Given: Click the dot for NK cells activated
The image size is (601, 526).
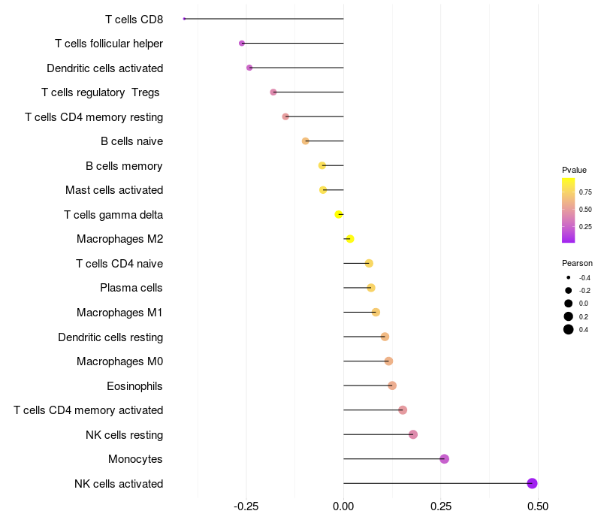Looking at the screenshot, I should [x=532, y=483].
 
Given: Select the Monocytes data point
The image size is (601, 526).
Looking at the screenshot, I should [x=444, y=459].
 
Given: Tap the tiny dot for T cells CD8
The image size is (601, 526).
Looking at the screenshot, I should [x=184, y=19].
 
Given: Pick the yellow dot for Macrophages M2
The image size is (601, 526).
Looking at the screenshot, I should [x=349, y=239].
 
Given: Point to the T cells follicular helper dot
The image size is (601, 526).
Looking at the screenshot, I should [x=242, y=44].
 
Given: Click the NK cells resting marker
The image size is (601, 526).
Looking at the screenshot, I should [x=412, y=434].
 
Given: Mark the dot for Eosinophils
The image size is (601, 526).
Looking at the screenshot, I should [x=392, y=385].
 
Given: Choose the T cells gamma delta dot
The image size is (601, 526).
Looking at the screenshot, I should [x=339, y=214].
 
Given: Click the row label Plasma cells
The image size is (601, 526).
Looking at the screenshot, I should [x=131, y=288].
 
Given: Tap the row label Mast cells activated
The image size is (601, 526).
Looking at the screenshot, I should [x=114, y=190].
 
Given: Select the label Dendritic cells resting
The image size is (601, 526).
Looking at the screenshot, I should [x=110, y=337].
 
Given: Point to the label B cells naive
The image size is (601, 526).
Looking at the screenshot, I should [x=131, y=141].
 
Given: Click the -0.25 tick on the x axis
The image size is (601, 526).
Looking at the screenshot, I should [x=246, y=507].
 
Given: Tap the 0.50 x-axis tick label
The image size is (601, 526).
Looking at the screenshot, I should [x=538, y=507].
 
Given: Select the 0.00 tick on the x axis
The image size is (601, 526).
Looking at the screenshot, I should [x=343, y=507].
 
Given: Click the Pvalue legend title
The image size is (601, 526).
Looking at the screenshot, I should [x=574, y=170].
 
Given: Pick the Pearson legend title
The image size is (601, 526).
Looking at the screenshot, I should [x=577, y=264].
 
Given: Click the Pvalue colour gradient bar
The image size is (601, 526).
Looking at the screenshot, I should [x=568, y=210].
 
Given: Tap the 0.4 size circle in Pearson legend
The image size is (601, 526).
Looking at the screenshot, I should [x=569, y=329].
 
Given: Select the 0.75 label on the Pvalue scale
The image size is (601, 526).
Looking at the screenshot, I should [x=585, y=192].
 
